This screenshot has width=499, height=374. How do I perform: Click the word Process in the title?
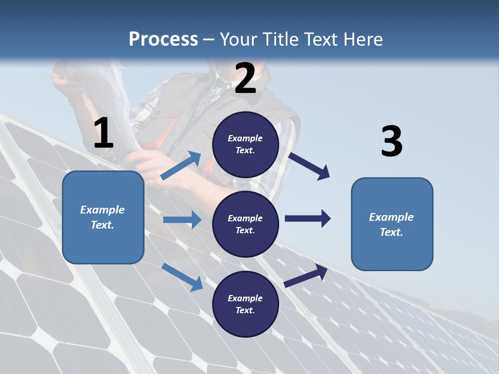163,39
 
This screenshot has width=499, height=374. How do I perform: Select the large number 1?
103,133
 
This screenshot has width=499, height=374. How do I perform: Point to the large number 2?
245,78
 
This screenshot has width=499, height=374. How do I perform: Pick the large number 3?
391,142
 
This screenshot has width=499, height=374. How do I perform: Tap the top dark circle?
245,144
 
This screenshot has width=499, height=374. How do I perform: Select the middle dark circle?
245,224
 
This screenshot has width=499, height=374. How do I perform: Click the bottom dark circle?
245,304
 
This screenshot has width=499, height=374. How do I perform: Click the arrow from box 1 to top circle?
181,166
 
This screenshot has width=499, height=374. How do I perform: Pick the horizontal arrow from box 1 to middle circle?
182,220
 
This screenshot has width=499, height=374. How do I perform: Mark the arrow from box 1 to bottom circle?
182,277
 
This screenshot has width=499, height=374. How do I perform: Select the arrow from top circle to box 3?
309,166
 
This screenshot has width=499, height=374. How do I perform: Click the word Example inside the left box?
102,210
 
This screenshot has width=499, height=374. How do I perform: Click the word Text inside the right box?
391,232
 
